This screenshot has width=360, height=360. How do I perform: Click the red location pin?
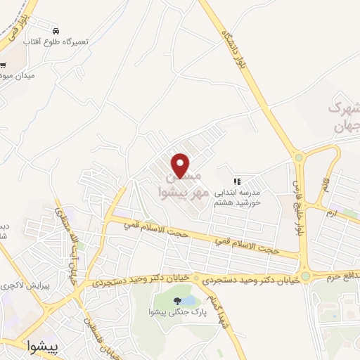tap(181, 165)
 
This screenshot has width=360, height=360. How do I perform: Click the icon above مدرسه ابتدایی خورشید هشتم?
tap(237, 181)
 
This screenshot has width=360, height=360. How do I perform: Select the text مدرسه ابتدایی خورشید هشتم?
tap(237, 196)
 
